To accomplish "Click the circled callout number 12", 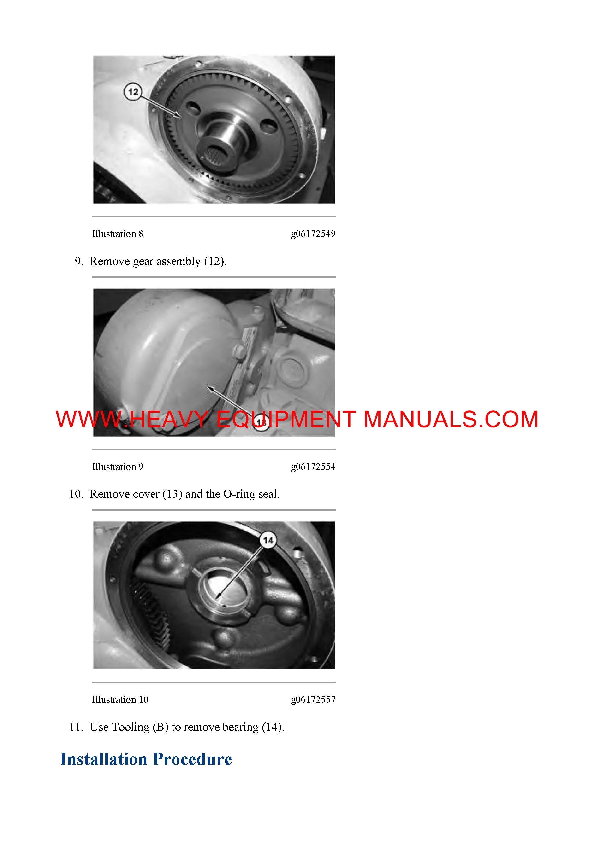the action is (x=133, y=92).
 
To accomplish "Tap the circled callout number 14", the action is (x=268, y=540).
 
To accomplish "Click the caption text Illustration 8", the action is (x=118, y=234).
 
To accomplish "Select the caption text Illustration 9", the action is (x=118, y=467).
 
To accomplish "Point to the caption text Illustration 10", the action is (x=120, y=700).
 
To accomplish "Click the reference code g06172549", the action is (x=313, y=234).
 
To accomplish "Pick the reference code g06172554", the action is (x=313, y=467).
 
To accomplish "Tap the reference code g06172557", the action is (x=313, y=700).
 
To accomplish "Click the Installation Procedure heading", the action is (x=146, y=759).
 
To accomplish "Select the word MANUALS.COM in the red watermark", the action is (x=451, y=419).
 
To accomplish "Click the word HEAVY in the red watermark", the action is (x=169, y=419).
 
